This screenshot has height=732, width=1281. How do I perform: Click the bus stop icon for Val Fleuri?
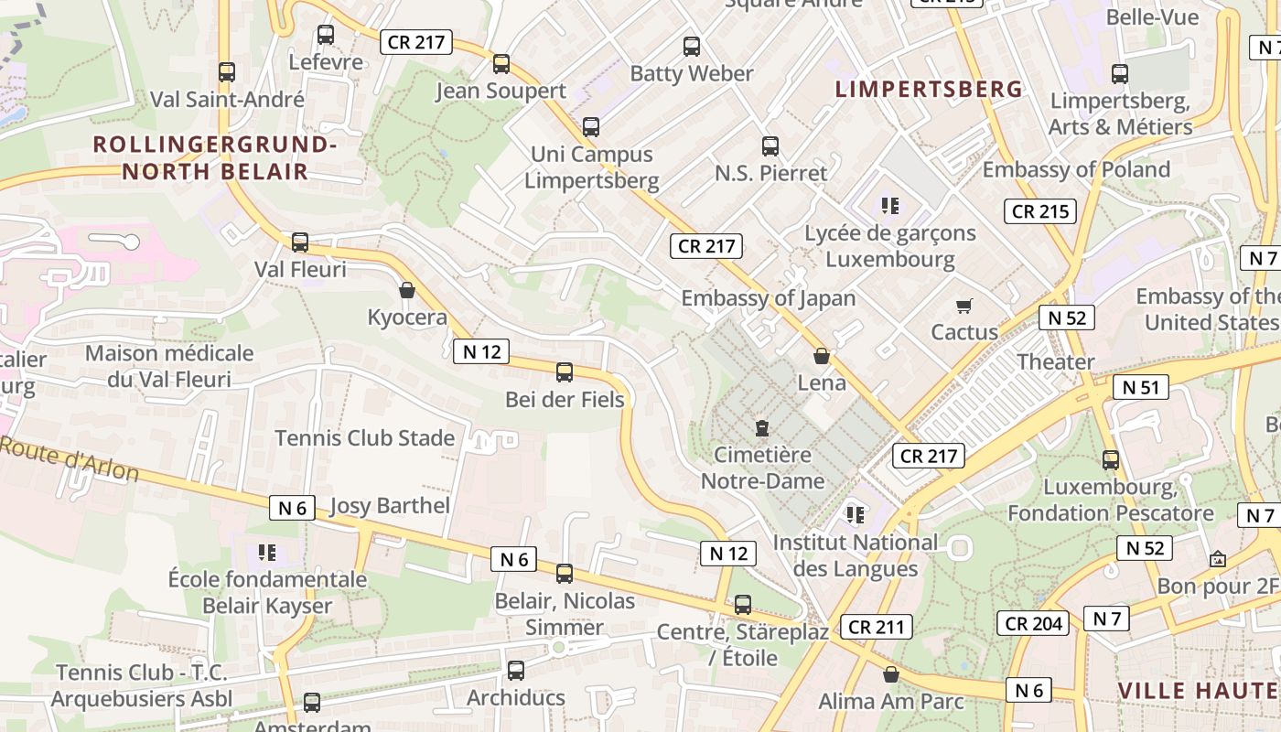(x=300, y=242)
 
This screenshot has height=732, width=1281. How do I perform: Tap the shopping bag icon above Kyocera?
(x=407, y=291)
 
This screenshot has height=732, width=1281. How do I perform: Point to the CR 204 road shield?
(x=1033, y=624)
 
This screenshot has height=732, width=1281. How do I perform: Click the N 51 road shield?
(x=1141, y=387)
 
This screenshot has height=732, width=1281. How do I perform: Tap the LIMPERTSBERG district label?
(x=929, y=89)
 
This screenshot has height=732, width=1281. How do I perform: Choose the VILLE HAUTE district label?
(x=1199, y=690)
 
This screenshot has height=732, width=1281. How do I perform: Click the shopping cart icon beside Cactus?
(x=963, y=306)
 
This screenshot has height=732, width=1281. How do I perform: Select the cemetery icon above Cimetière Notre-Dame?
(x=761, y=427)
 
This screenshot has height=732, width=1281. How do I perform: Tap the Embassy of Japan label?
(x=769, y=298)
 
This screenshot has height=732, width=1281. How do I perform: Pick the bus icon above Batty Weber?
(x=692, y=46)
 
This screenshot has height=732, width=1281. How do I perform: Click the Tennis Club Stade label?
(x=365, y=438)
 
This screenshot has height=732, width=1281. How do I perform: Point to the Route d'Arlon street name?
(x=70, y=459)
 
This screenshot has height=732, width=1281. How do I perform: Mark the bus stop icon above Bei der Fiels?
(x=565, y=372)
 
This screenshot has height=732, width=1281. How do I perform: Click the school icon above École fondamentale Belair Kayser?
(x=267, y=552)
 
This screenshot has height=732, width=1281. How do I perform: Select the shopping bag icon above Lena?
(x=822, y=356)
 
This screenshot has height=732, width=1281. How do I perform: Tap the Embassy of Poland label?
(x=1076, y=170)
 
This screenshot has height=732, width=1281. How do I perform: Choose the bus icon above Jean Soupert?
(x=501, y=64)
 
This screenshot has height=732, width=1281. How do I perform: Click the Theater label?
(x=1056, y=361)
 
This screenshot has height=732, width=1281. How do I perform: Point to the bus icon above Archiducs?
(x=516, y=671)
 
